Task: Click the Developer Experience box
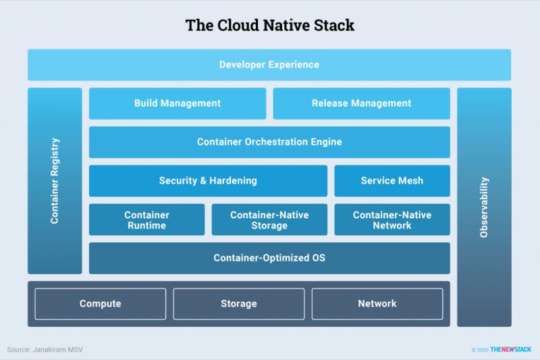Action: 269,65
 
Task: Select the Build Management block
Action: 178,103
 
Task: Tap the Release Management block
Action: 361,103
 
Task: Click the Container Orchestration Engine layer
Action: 269,142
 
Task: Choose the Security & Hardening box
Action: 208,180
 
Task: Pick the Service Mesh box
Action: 392,180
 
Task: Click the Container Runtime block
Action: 146,220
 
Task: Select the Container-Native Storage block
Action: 269,220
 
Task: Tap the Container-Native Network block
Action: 392,220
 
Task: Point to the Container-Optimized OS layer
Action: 269,258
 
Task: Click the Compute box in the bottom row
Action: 100,304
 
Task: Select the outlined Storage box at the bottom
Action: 239,304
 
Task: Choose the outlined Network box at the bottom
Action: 377,304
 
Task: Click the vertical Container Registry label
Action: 55,181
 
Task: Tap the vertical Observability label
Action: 484,207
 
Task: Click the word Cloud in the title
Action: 238,25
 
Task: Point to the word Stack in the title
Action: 333,25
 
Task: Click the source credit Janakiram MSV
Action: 57,349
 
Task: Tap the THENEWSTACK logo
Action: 510,349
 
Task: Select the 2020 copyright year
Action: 483,350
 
